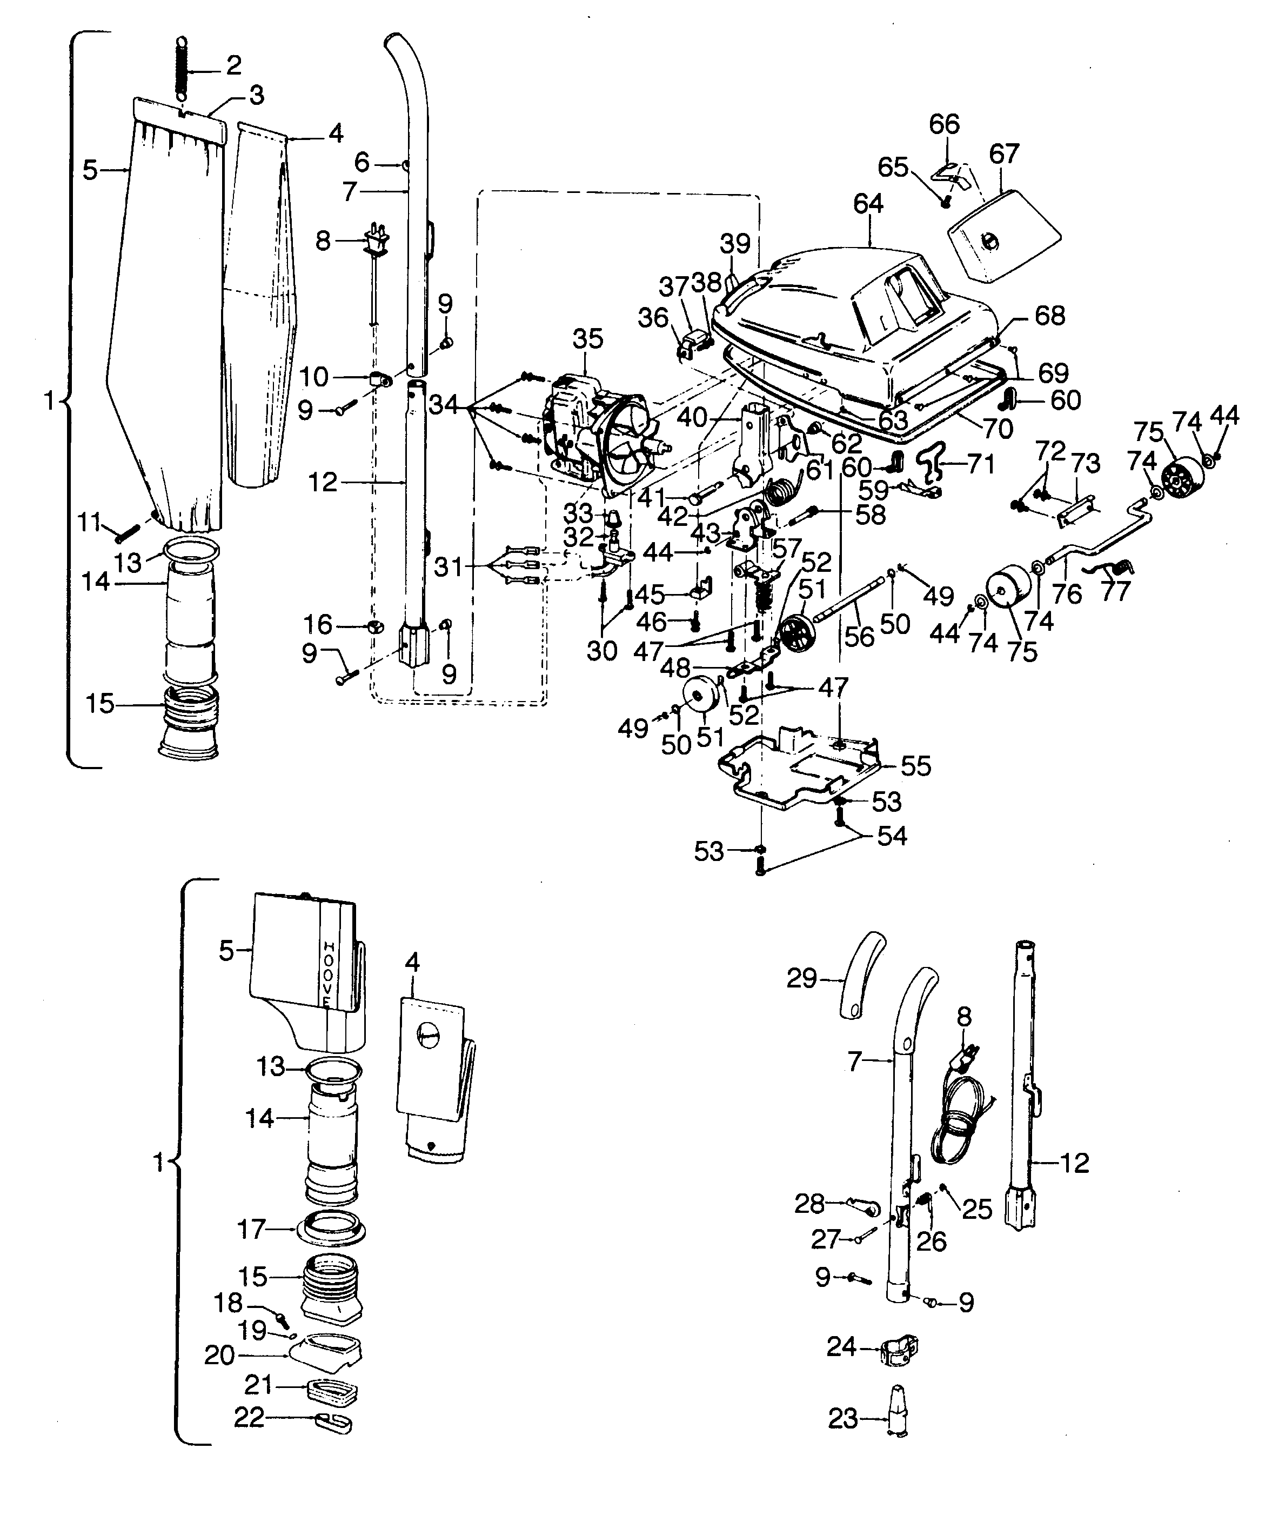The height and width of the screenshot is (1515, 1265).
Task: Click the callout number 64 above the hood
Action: coord(868,204)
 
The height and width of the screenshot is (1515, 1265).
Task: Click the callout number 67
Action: coord(1004,153)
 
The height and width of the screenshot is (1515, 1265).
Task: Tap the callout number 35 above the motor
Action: coord(587,339)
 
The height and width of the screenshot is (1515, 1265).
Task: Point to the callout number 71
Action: coord(980,464)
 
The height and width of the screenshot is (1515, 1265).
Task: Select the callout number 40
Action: coord(691,416)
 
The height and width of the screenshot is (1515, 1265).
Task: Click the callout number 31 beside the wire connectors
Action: coord(448,567)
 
